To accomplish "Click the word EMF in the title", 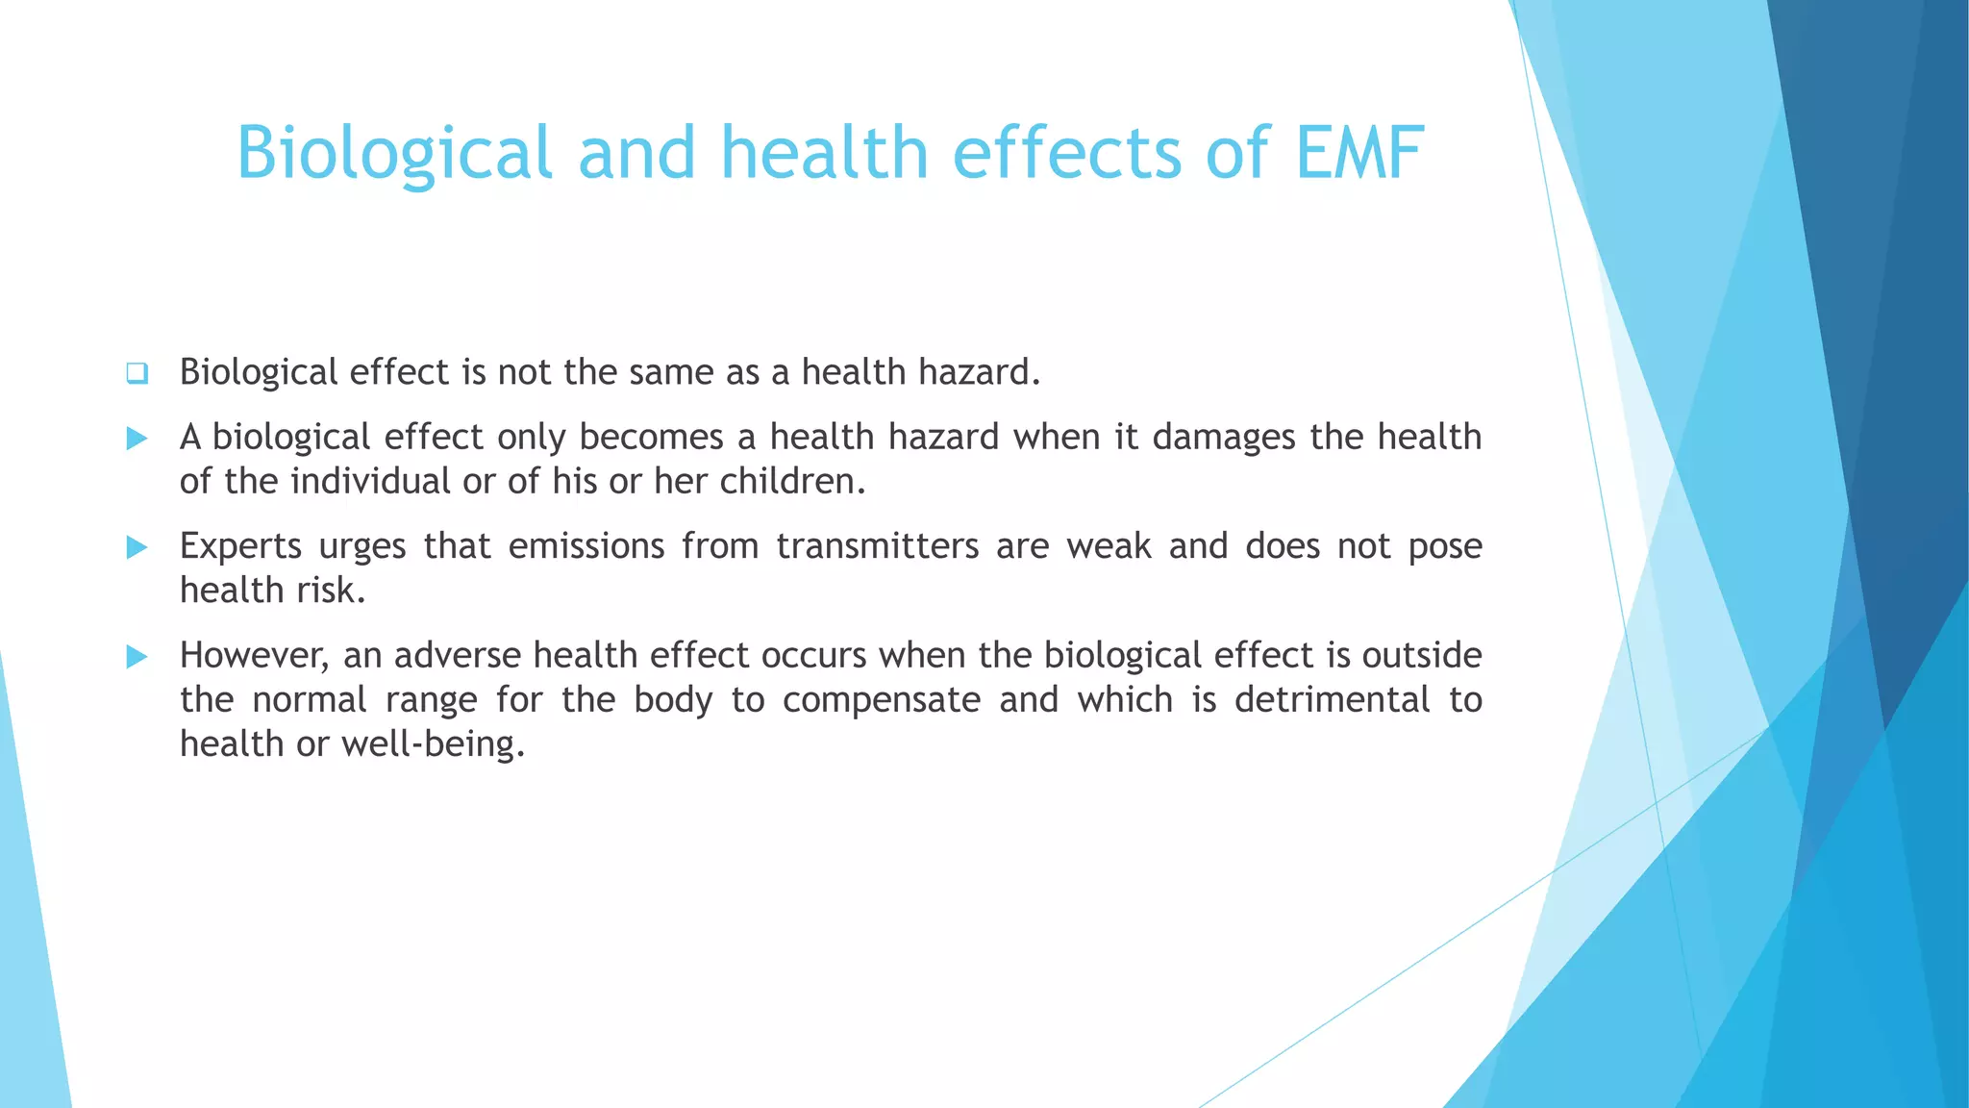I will [x=1359, y=153].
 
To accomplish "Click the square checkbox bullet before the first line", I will [x=137, y=373].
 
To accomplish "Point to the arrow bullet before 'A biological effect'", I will [x=137, y=439].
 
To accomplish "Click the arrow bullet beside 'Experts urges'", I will [x=137, y=547].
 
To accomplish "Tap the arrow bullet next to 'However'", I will [x=137, y=657].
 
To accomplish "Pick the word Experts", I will [x=241, y=547].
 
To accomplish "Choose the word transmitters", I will [x=877, y=546].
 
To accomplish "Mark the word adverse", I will [x=455, y=656].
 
